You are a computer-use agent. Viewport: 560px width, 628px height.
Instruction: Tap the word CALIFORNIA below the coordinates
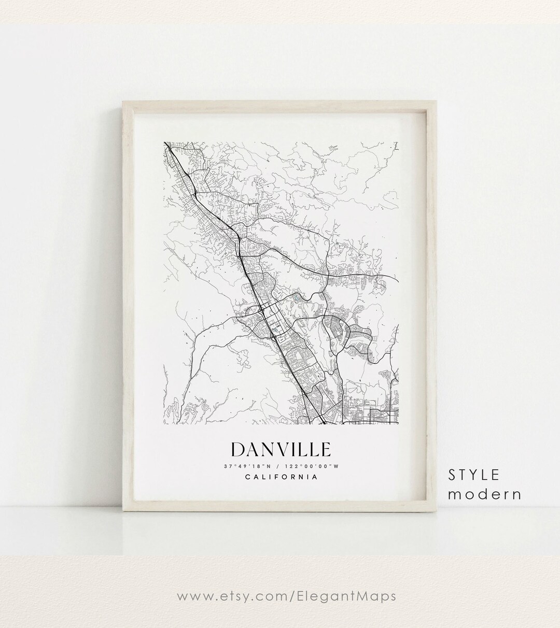coord(281,477)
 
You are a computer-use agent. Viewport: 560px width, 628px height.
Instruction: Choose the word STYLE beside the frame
coord(474,474)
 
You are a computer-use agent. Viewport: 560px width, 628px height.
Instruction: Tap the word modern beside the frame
coord(484,494)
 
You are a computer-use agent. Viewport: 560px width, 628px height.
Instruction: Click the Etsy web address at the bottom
coord(280,596)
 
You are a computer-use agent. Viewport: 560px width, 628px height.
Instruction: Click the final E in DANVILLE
coord(324,449)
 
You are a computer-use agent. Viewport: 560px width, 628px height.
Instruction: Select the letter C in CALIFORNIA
coord(246,477)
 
